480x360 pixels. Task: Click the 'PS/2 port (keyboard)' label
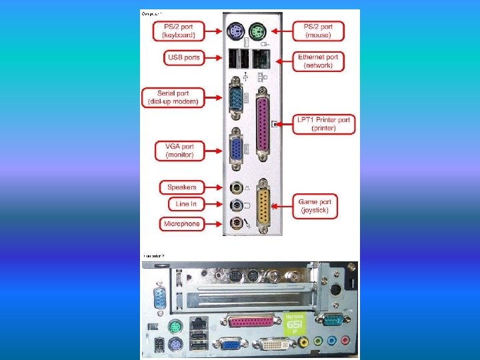click(178, 31)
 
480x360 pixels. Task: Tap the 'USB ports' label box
click(183, 57)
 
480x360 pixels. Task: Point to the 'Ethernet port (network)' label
click(318, 61)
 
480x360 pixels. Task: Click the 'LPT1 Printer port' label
click(325, 124)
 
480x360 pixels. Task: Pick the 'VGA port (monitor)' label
click(179, 151)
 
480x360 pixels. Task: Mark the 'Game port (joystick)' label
click(315, 206)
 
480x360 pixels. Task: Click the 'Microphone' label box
click(181, 224)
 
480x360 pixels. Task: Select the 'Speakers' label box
click(181, 187)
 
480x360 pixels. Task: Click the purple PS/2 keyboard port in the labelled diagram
click(233, 31)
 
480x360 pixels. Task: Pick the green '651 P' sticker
click(295, 325)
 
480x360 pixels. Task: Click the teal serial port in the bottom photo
click(331, 321)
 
